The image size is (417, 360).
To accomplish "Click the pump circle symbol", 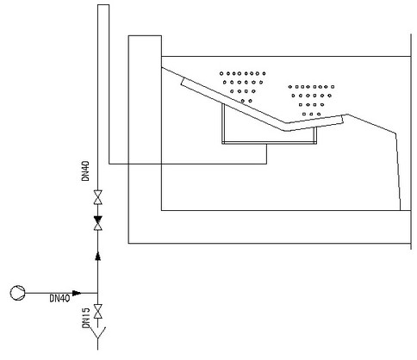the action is pyautogui.click(x=17, y=293).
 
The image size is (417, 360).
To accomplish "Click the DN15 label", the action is pyautogui.click(x=86, y=318).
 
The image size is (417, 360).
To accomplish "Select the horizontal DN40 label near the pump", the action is pyautogui.click(x=59, y=299).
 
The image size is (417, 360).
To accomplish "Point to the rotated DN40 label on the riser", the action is pyautogui.click(x=85, y=171).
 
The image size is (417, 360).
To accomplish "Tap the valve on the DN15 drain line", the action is pyautogui.click(x=98, y=311).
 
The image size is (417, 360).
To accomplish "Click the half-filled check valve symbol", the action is pyautogui.click(x=98, y=223).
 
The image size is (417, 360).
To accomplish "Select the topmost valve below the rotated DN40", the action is pyautogui.click(x=98, y=197).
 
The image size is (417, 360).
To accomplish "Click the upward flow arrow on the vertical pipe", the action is pyautogui.click(x=98, y=256).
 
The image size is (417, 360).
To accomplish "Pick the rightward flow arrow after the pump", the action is pyautogui.click(x=77, y=293).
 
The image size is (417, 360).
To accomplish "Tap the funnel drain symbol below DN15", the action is pyautogui.click(x=98, y=333).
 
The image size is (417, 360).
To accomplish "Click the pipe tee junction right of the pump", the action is pyautogui.click(x=98, y=293).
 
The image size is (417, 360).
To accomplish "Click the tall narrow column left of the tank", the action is pyautogui.click(x=103, y=84).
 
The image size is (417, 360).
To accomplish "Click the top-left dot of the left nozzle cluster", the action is pyautogui.click(x=221, y=73).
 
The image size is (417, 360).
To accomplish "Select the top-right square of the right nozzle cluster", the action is pyautogui.click(x=333, y=86).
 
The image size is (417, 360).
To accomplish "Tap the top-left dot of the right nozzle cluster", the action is pyautogui.click(x=290, y=86).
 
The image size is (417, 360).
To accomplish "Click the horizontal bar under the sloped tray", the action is pyautogui.click(x=270, y=142).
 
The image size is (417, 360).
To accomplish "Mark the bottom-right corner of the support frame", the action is pyautogui.click(x=316, y=144).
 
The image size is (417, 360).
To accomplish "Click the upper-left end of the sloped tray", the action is pyautogui.click(x=162, y=68).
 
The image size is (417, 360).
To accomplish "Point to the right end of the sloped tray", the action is pyautogui.click(x=343, y=119).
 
